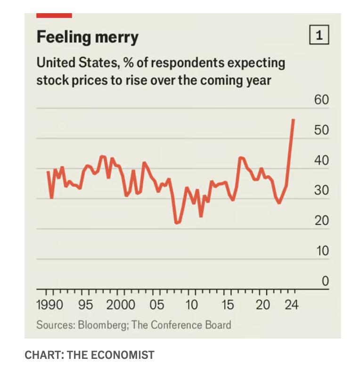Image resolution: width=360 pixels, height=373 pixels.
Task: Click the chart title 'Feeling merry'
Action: (88, 37)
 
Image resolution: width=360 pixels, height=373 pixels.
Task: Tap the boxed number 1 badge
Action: (319, 36)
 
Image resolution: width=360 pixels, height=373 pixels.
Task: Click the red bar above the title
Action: (54, 16)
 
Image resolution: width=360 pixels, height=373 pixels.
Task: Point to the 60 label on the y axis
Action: (321, 100)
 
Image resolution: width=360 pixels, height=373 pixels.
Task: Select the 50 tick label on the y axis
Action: (321, 130)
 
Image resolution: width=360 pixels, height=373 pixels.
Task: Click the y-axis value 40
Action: (321, 161)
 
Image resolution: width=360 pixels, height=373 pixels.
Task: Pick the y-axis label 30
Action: (321, 191)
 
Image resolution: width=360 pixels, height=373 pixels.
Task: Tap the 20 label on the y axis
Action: (321, 221)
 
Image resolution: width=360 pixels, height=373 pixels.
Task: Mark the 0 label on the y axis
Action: (324, 281)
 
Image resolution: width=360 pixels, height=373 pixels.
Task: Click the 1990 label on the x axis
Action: (49, 305)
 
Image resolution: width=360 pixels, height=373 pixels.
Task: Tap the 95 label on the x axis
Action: (85, 305)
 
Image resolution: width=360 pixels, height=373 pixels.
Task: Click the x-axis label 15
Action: (228, 305)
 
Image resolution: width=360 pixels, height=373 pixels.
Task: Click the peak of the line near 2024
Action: (294, 120)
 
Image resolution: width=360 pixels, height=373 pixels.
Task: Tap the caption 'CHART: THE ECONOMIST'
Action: (89, 355)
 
